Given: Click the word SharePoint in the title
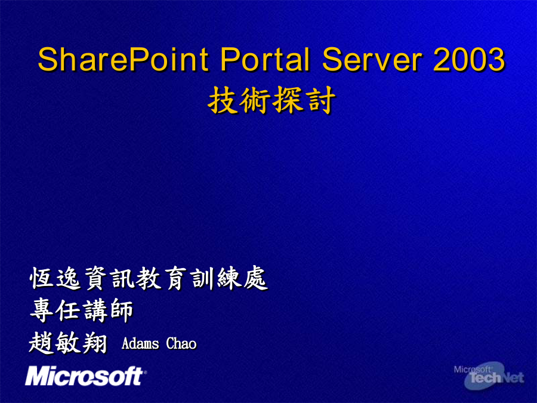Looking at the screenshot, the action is click(x=123, y=59).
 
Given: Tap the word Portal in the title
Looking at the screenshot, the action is click(x=265, y=59).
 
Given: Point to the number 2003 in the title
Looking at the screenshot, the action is click(x=469, y=59).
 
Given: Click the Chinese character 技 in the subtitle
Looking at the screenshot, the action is click(x=223, y=100).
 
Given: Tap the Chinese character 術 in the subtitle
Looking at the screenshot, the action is click(x=255, y=100).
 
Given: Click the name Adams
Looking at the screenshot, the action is click(x=140, y=343).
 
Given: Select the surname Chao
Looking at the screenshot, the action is click(x=181, y=343).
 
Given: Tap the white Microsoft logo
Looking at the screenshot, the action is click(x=85, y=376).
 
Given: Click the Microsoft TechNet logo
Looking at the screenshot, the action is click(x=489, y=376).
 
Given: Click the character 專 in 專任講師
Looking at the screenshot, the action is click(x=42, y=310).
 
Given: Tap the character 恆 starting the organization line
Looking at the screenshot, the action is click(x=41, y=278).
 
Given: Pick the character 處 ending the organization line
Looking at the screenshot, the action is click(x=255, y=278).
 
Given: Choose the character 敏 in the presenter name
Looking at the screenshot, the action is click(x=68, y=343).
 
